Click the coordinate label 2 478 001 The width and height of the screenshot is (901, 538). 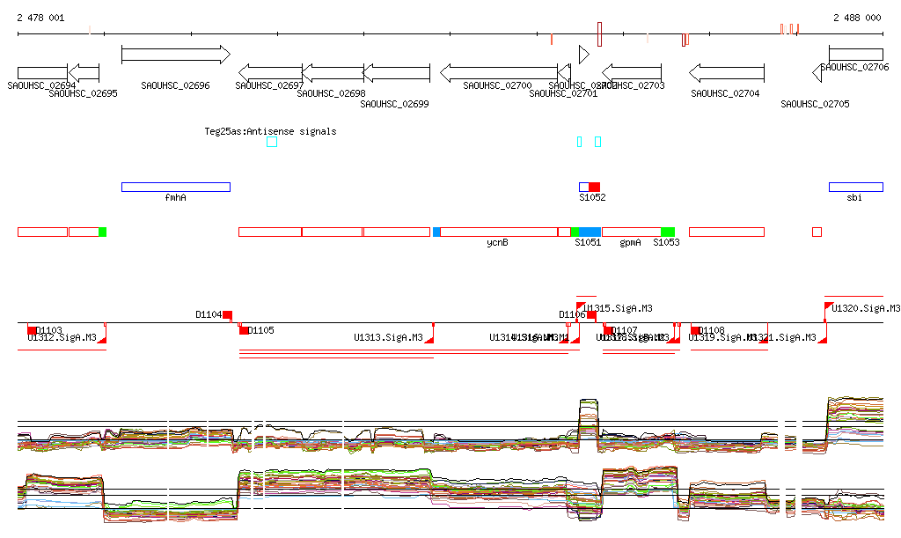coord(40,18)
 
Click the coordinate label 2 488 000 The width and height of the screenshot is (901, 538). coord(857,18)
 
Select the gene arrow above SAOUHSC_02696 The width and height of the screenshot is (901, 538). coord(175,55)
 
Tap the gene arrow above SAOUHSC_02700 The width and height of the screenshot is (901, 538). coord(498,72)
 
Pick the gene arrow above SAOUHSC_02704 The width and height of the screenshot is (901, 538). coord(726,72)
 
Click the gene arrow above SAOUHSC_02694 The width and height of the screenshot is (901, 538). coord(42,72)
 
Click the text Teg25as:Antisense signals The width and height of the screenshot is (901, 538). coord(270,131)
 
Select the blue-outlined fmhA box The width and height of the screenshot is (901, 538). coord(175,187)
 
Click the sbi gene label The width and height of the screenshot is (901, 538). coord(854,198)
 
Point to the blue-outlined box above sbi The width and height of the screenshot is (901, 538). coord(855,187)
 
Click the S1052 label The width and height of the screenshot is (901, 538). coord(592,198)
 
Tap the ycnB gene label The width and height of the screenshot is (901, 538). coord(497,242)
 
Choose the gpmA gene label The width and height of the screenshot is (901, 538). coord(630,242)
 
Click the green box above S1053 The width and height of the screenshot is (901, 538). coord(668,232)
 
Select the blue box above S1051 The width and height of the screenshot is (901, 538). coord(590,232)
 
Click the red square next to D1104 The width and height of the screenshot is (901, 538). coord(227,314)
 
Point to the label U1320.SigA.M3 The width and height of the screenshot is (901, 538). coord(866,308)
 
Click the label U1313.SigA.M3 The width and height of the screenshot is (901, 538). coord(388,337)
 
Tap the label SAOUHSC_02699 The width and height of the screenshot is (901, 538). coord(394,104)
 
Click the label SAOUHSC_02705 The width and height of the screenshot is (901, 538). coord(815,104)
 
